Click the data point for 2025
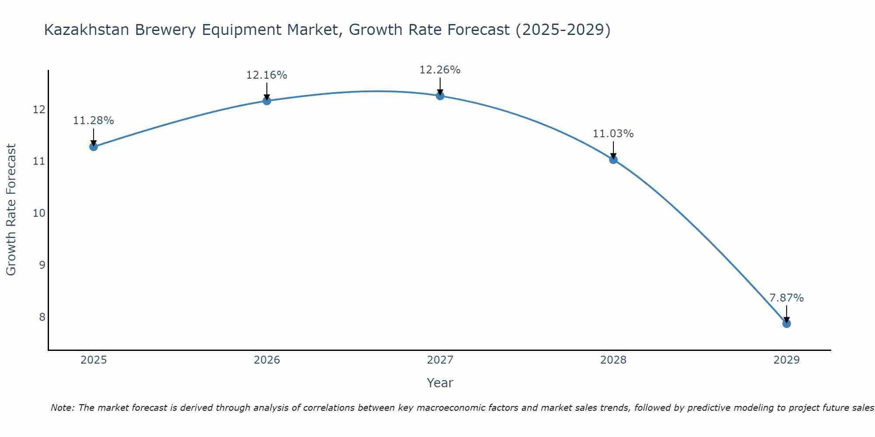tap(93, 147)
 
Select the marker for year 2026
tap(266, 101)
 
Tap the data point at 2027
tap(440, 96)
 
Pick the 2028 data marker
tap(613, 160)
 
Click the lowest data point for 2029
tap(786, 324)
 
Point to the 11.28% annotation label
tap(93, 121)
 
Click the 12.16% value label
tap(266, 75)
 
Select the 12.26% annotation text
tap(440, 70)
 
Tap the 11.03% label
tap(613, 134)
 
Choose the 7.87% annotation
tap(786, 298)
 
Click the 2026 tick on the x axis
tap(267, 360)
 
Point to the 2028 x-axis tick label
tap(613, 360)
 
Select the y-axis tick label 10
tap(39, 213)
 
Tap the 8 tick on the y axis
tap(42, 317)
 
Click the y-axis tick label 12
tap(39, 109)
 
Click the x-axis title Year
tap(440, 383)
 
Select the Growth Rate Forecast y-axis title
tap(11, 210)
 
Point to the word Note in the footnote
tap(63, 408)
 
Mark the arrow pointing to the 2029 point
tap(786, 314)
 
